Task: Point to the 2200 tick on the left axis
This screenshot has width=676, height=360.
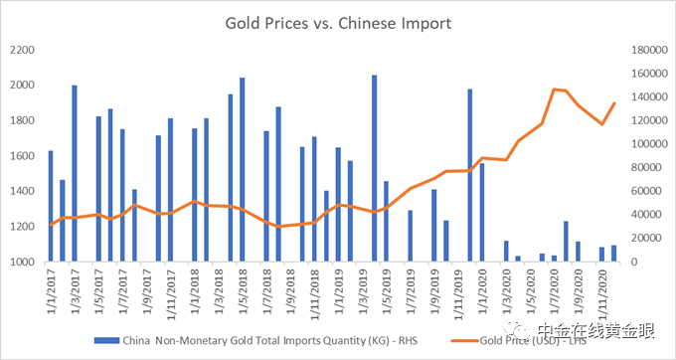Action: tap(21, 50)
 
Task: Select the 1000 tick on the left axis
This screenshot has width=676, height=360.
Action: tap(21, 263)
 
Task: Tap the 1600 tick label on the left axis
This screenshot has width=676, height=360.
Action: tap(21, 156)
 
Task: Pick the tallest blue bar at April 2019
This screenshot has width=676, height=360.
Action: tap(374, 169)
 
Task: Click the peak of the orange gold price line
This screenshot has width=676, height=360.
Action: tap(554, 90)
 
